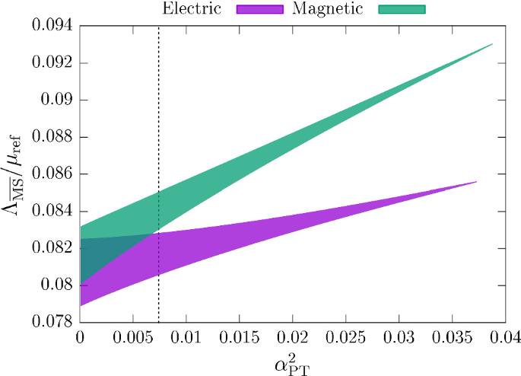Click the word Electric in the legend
(x=192, y=9)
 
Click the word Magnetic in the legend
(x=322, y=9)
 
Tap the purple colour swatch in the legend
(x=260, y=9)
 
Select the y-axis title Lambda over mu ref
(x=17, y=174)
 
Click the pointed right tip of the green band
(x=492, y=44)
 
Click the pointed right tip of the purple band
(x=475, y=182)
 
